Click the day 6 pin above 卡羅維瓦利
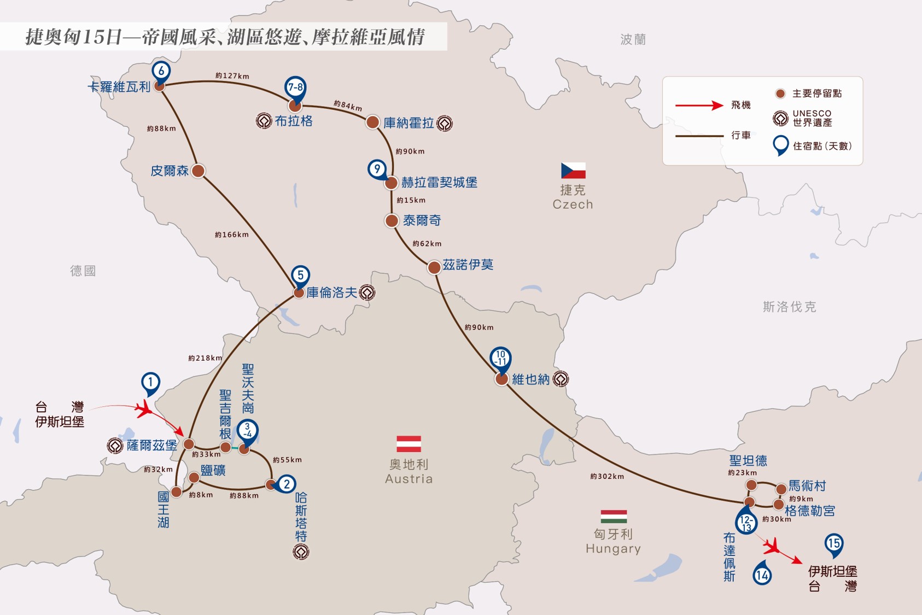(161, 72)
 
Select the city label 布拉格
(294, 121)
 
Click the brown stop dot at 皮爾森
(198, 171)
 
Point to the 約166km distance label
(232, 235)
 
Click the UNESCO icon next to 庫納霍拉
(445, 123)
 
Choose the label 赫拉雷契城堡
(439, 182)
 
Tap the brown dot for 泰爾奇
(392, 221)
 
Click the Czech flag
(573, 171)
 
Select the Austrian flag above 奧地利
(409, 444)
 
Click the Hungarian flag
(614, 516)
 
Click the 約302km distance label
(607, 476)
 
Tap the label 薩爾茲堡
(152, 446)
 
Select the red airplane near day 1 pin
(144, 408)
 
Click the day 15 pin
(834, 544)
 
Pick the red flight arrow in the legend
(699, 106)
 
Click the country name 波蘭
(633, 39)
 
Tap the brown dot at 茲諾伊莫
(434, 267)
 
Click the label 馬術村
(807, 486)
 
